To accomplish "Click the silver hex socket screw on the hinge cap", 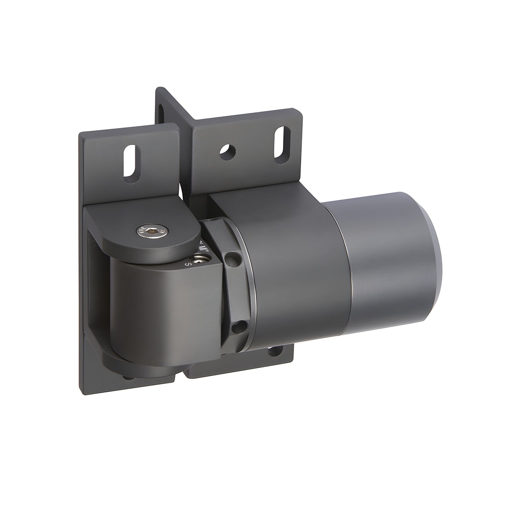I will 152,231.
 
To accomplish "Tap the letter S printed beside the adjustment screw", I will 188,264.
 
